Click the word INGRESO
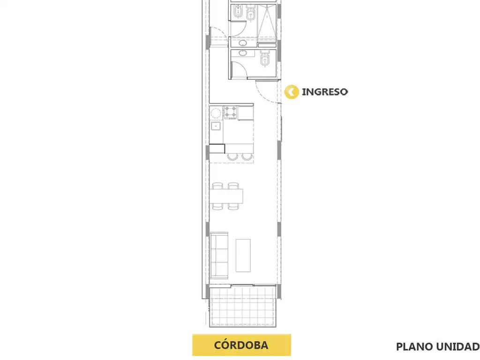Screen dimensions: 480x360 coord(324,92)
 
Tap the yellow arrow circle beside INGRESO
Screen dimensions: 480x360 coord(292,92)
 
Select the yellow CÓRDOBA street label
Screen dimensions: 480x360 coord(241,345)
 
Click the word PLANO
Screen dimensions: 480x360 coord(415,347)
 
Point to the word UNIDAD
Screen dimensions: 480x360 coord(458,347)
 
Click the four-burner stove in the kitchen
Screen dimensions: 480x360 coord(231,112)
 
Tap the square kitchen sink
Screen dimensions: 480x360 coord(216,126)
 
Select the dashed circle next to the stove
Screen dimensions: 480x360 coord(216,113)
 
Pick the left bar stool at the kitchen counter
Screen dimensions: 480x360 coord(232,157)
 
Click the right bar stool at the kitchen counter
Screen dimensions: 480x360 coord(247,157)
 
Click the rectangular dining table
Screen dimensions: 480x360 coord(226,196)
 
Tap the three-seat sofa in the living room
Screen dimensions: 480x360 coord(219,255)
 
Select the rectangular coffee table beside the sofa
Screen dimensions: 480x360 coord(243,255)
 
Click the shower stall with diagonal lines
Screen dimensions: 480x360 coord(267,22)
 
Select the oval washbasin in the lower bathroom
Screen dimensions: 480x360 coord(243,53)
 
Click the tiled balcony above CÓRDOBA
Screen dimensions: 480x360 coord(243,306)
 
